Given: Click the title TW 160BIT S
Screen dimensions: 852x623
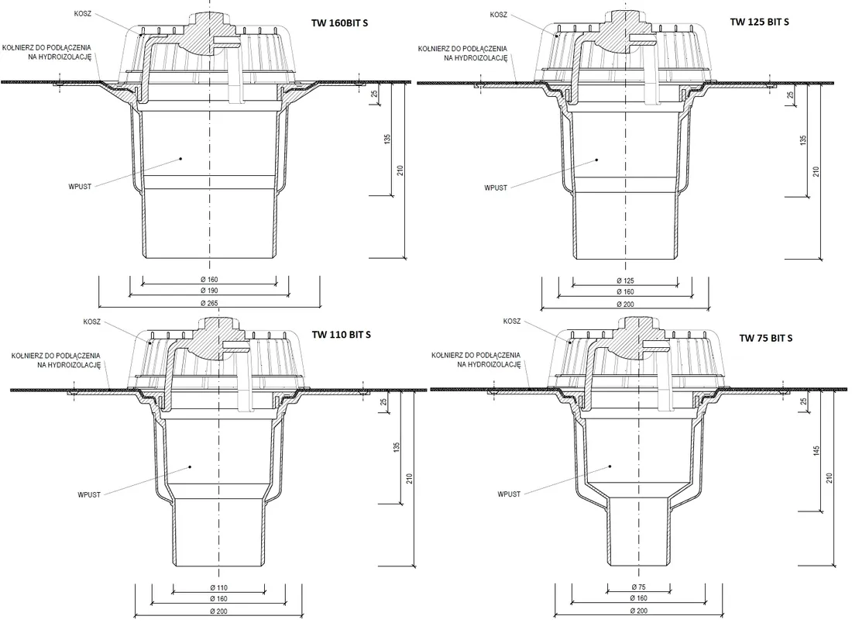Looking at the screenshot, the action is tap(339, 23).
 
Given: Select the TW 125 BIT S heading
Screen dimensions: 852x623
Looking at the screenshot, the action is tap(760, 22).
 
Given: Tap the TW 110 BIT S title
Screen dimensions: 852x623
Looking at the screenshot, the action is tap(342, 335).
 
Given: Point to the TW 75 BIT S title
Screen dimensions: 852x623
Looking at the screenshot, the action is tap(765, 338).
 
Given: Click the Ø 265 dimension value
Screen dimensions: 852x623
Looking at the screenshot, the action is tap(209, 303).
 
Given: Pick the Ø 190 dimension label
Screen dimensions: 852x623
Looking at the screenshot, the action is tap(209, 291).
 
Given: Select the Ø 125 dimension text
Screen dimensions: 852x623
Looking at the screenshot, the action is tap(625, 281).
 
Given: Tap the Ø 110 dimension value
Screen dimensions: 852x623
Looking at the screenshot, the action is tap(219, 587).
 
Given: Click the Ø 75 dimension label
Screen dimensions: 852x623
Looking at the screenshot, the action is tap(639, 587).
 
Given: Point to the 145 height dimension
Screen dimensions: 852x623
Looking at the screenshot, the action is tap(816, 451).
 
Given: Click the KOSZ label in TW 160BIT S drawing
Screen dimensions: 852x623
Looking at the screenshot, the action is tap(83, 14).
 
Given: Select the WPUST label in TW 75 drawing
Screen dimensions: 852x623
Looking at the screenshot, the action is tap(509, 494).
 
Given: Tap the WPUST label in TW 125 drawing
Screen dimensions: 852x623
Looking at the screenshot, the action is tap(496, 188).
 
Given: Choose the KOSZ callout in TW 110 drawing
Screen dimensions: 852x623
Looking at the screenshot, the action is tap(92, 322).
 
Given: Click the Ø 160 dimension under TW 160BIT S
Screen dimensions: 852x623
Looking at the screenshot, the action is tap(209, 280).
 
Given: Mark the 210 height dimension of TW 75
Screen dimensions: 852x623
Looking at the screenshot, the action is tap(830, 478).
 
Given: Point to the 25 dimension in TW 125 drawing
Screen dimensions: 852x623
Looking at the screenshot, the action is tap(791, 95).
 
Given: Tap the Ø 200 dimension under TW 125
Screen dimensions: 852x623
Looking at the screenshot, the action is tap(625, 305).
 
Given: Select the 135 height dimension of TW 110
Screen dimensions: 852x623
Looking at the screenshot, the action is tap(397, 447).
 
